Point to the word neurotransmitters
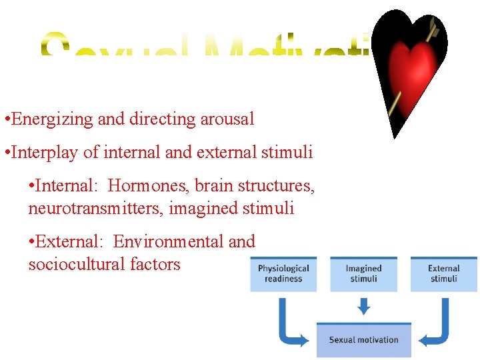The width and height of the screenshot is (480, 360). pyautogui.click(x=96, y=209)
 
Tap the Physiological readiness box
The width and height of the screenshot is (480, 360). pyautogui.click(x=283, y=273)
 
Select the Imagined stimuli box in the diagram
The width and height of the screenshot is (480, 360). pyautogui.click(x=363, y=273)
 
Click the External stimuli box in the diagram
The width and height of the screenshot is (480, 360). pyautogui.click(x=443, y=273)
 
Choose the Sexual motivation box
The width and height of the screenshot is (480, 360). pyautogui.click(x=363, y=339)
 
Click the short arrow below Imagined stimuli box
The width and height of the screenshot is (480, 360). pyautogui.click(x=363, y=306)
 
